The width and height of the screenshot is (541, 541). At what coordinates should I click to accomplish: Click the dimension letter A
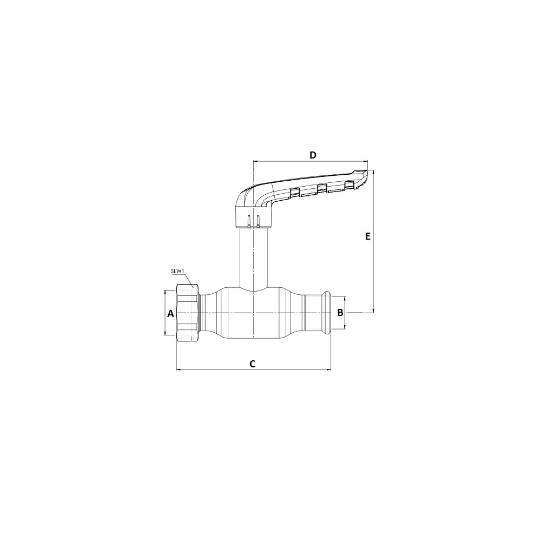tap(170, 314)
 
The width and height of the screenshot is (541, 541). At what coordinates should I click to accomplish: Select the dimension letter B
tap(340, 313)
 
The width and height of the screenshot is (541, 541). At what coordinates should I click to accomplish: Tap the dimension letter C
tap(253, 364)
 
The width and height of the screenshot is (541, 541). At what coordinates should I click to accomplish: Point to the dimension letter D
tap(313, 155)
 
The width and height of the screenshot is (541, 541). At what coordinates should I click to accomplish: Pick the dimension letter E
tap(368, 236)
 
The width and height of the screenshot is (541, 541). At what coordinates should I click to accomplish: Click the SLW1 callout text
tap(177, 271)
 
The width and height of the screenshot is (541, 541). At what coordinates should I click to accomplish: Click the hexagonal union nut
tap(188, 313)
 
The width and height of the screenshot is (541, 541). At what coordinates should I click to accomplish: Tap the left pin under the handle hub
tap(249, 221)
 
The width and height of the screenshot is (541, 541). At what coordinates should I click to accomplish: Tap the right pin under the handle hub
tap(258, 221)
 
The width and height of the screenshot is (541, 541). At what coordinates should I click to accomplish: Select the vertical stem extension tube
tap(254, 258)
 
